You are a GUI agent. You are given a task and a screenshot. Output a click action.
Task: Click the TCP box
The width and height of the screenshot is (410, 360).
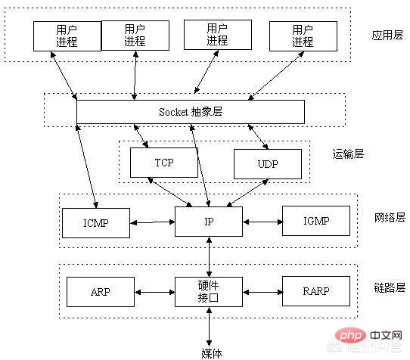pos(164,163)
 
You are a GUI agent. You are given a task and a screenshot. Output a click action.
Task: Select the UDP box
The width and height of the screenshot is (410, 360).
pos(268,164)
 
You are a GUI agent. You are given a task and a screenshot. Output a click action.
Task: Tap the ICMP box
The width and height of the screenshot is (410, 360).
pos(96,223)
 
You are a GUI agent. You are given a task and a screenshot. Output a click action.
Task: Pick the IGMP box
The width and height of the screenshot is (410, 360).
pos(316,221)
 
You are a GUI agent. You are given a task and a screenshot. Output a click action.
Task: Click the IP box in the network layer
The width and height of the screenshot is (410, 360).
pos(209,222)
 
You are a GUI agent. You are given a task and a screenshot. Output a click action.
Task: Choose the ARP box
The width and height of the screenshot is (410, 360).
pos(101,292)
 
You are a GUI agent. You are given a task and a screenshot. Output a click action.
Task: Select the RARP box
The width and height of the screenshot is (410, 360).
pos(316,291)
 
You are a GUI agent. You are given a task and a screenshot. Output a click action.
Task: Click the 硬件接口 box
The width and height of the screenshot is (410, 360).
pos(209,292)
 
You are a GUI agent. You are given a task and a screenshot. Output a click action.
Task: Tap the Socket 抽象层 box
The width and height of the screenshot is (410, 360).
pos(191,112)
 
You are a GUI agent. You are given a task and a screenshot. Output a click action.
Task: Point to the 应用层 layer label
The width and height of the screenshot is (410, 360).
pos(387,35)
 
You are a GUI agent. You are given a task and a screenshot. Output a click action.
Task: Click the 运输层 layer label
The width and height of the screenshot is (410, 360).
pos(348,154)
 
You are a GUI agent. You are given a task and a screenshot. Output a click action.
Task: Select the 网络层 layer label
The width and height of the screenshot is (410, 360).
pos(390,218)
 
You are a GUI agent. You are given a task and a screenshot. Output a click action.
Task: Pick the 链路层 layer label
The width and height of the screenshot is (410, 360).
pos(390,287)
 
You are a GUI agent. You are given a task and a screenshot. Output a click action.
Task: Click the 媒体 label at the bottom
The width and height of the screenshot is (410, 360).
pos(212,353)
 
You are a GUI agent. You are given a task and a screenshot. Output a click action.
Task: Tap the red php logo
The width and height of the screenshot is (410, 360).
pos(350,336)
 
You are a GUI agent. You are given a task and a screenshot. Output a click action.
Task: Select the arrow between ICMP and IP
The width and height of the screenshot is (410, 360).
pos(153,222)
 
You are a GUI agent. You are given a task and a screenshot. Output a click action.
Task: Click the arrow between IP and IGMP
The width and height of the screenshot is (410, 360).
pos(262,222)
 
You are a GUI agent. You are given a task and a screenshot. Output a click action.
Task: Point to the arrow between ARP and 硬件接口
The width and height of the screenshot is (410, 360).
pos(154,292)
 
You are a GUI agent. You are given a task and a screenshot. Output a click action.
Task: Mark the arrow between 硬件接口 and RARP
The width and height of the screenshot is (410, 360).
pos(262,292)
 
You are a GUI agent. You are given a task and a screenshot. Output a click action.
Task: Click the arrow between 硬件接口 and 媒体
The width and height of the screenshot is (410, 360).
pos(209,327)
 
